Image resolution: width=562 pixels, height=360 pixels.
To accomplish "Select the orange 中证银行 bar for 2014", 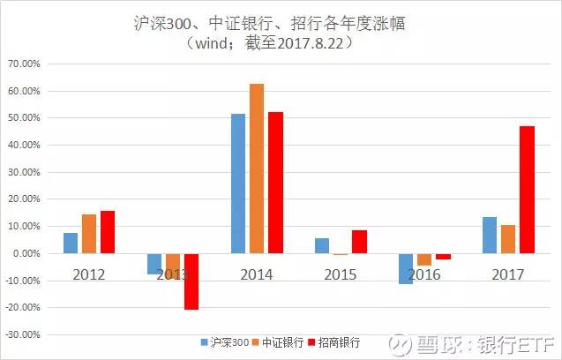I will [256, 169].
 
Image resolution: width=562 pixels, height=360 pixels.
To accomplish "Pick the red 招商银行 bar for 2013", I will [191, 281].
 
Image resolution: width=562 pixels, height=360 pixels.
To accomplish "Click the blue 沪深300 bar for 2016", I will [405, 268].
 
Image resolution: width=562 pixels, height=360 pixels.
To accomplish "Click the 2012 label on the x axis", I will [89, 274].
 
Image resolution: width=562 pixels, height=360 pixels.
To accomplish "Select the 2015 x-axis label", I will [340, 274].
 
